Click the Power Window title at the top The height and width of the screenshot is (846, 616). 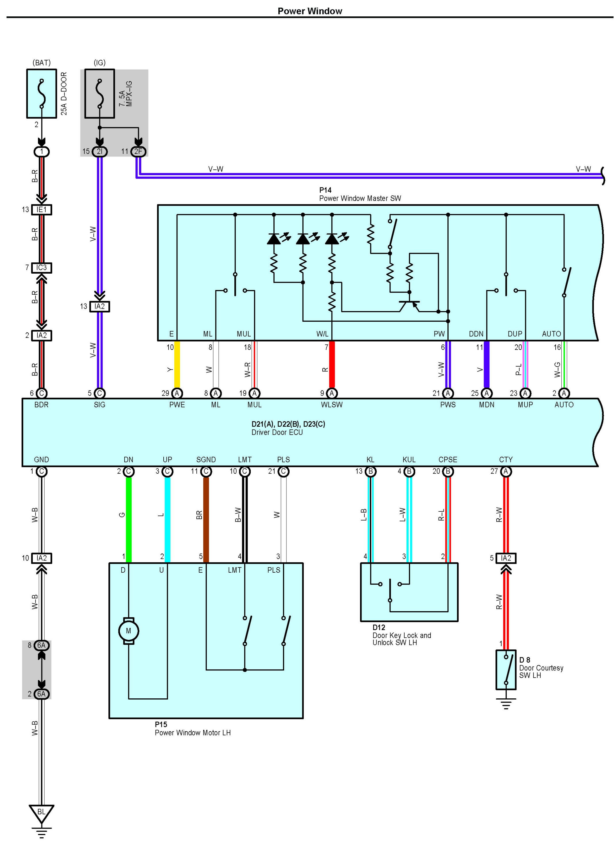(x=309, y=11)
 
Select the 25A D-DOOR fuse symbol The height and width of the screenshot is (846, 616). (x=41, y=94)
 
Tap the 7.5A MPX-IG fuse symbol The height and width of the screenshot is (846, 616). (x=99, y=94)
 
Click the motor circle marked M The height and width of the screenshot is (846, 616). (x=128, y=631)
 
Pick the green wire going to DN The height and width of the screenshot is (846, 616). (x=129, y=519)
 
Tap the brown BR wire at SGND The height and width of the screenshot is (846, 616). (x=206, y=519)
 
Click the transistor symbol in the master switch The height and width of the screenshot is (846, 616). (x=409, y=304)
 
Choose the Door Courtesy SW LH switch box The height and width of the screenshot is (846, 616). (x=506, y=670)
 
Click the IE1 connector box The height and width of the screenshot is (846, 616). (x=41, y=210)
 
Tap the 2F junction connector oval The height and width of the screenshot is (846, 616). (x=138, y=151)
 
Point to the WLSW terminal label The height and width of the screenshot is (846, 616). (x=332, y=405)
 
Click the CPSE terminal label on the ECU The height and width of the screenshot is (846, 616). (x=447, y=460)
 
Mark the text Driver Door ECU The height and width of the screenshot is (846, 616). (x=277, y=432)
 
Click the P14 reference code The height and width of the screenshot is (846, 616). (x=325, y=190)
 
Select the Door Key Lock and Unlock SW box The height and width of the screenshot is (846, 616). (x=409, y=592)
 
